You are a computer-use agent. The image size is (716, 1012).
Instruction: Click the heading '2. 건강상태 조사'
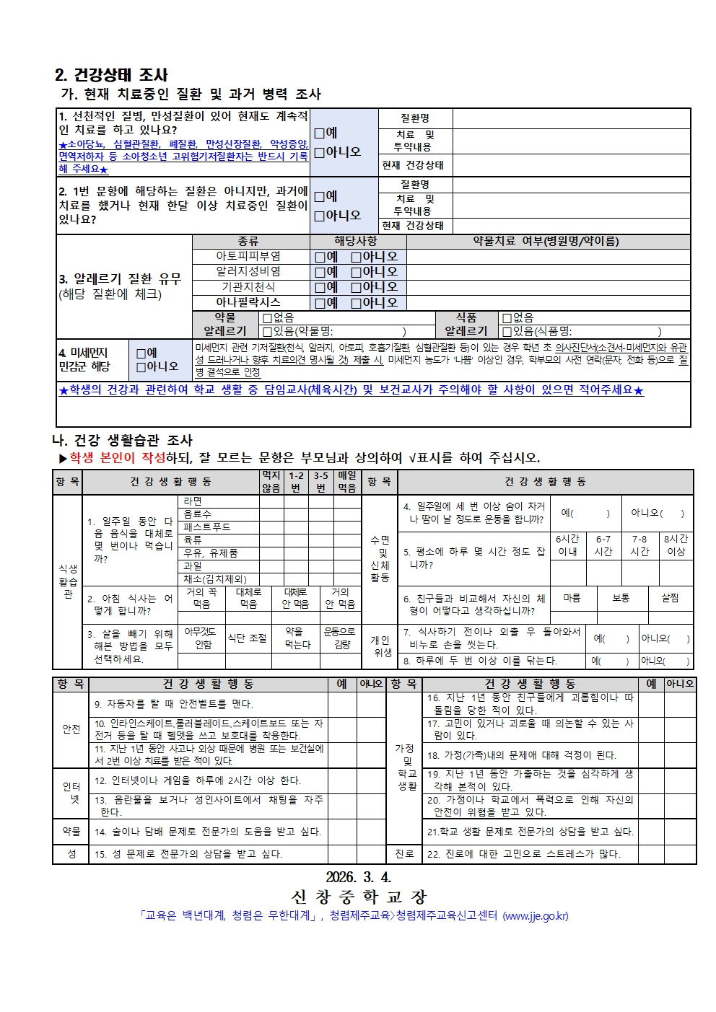(x=112, y=75)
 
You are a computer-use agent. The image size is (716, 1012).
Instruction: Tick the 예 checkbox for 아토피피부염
(x=320, y=257)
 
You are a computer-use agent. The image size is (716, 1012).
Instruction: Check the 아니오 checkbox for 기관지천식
(x=356, y=287)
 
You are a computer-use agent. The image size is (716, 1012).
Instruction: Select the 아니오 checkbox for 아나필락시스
(x=356, y=303)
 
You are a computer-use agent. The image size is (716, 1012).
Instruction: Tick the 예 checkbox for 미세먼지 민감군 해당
(x=141, y=353)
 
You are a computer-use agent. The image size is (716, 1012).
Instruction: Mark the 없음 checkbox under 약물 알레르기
(x=268, y=317)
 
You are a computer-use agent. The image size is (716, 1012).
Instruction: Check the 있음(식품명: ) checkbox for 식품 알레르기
(x=507, y=331)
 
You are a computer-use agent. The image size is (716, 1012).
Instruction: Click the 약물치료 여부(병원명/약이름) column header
(x=546, y=241)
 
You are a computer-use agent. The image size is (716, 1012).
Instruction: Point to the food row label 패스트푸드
(x=207, y=527)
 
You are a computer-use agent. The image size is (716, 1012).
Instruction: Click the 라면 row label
(x=193, y=501)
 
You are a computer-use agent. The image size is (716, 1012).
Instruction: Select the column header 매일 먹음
(x=347, y=482)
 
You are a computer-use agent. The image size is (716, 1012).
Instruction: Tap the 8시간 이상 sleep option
(x=676, y=545)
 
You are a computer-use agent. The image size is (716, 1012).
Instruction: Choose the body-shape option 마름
(x=572, y=598)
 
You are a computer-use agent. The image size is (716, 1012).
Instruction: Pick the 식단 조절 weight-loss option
(x=248, y=638)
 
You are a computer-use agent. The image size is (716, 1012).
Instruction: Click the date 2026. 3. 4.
(x=358, y=877)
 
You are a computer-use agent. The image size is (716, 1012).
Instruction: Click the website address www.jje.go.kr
(x=535, y=916)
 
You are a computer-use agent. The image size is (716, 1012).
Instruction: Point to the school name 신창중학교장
(x=359, y=897)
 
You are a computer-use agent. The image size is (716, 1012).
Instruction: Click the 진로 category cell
(x=404, y=853)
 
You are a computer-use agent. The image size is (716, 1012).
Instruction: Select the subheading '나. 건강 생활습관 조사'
(x=123, y=441)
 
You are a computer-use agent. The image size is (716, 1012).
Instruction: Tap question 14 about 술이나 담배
(x=208, y=832)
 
